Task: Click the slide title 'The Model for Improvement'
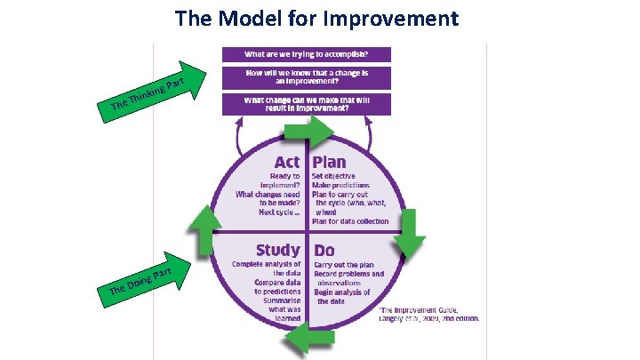pos(317,18)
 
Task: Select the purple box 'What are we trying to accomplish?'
pos(306,54)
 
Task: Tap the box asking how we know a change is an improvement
pos(306,77)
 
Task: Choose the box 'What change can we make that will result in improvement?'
pos(306,104)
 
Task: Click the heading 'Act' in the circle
pos(286,163)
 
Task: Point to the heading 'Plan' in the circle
pos(329,163)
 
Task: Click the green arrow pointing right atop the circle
pos(307,132)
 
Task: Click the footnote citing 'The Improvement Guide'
pos(430,311)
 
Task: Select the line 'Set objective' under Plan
pos(335,176)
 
